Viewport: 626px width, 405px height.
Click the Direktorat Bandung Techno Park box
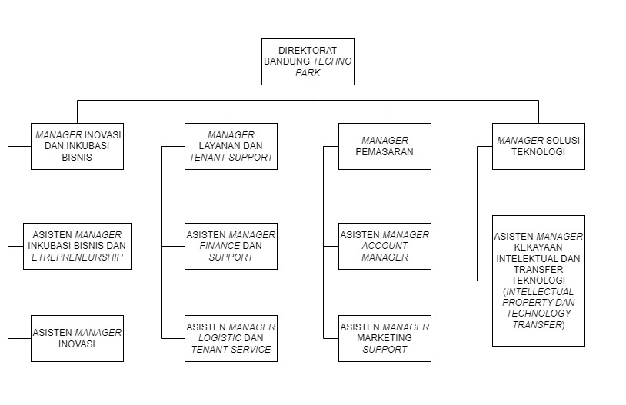(308, 61)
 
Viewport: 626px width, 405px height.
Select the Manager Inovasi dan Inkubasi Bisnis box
(77, 146)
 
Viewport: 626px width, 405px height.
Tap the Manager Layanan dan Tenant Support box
(231, 146)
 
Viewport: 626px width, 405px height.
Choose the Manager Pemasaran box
(385, 146)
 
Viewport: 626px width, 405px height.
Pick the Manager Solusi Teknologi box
(538, 146)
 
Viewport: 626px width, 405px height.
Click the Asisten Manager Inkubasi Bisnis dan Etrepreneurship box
(77, 246)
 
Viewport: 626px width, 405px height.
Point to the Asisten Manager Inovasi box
(77, 338)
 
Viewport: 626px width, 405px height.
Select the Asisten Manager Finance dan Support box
(231, 246)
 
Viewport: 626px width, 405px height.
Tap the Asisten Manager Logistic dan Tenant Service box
(231, 338)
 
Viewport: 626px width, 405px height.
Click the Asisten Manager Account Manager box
(385, 246)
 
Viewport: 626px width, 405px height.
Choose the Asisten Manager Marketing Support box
(385, 338)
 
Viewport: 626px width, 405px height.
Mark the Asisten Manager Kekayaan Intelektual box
(538, 281)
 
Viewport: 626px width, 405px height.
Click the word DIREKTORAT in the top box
(308, 51)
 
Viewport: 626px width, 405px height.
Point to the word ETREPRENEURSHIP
(77, 257)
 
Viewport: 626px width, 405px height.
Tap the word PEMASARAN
(385, 151)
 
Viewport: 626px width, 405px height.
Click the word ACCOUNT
(385, 246)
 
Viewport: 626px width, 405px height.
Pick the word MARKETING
(385, 338)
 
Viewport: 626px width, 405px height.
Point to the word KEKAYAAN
(538, 247)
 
